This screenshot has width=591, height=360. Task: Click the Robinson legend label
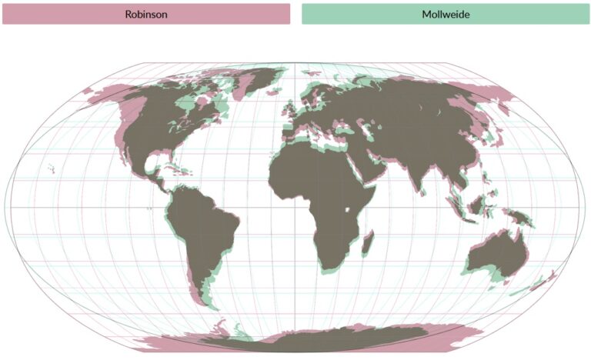click(x=146, y=14)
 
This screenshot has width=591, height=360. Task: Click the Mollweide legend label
click(x=446, y=14)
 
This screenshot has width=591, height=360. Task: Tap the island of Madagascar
click(x=368, y=245)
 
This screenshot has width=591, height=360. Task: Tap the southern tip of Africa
click(x=326, y=267)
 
